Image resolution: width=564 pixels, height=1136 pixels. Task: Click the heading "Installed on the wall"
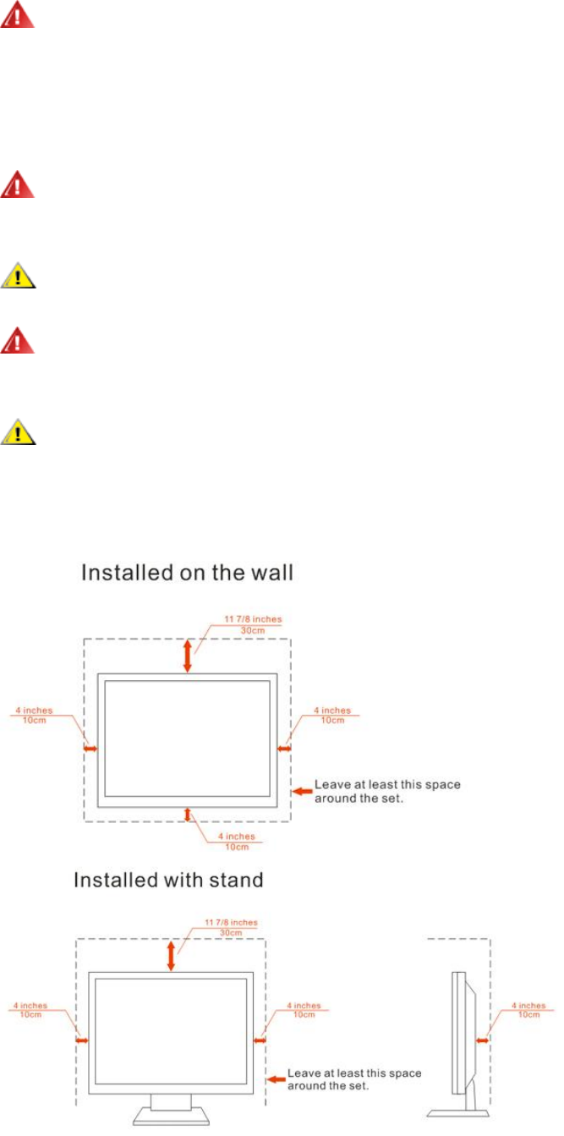[x=186, y=573]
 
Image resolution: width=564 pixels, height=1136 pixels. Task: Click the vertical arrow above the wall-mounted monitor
[x=187, y=656]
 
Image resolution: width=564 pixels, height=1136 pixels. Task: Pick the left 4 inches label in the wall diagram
[x=33, y=715]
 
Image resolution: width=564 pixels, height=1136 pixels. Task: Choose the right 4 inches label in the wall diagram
[x=331, y=715]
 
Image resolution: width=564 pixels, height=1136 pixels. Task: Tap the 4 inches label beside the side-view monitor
[x=530, y=1010]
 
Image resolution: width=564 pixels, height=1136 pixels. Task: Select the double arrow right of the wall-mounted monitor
[x=284, y=748]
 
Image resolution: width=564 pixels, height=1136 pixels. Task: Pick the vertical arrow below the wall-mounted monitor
[x=188, y=814]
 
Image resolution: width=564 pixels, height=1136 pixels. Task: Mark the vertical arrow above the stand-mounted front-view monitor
[x=172, y=956]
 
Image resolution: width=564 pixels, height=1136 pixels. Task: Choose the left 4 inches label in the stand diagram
[x=30, y=1010]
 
